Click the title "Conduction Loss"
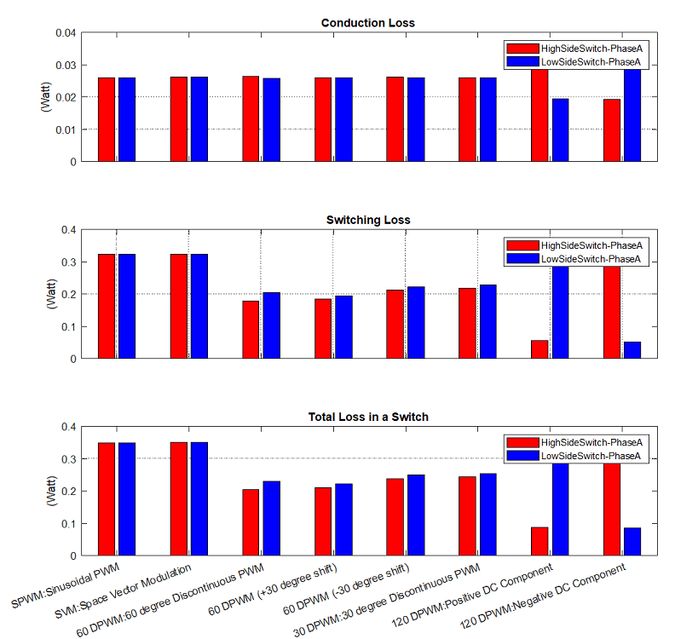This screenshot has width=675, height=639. (367, 22)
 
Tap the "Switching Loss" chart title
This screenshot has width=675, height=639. (367, 220)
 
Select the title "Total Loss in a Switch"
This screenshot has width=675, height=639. (367, 417)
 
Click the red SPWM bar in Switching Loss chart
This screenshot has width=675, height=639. (107, 307)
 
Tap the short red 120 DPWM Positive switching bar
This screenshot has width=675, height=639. (539, 349)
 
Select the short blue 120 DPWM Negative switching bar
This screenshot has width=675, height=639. (632, 350)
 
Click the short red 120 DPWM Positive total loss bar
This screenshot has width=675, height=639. (539, 541)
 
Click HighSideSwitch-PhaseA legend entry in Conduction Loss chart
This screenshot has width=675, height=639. (577, 49)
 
